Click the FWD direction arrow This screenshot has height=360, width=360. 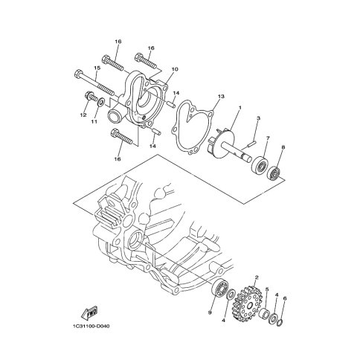coord(89,313)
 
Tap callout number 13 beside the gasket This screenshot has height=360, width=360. coord(221,96)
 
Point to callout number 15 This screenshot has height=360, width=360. coord(97,68)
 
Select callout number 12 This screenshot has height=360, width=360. coord(83,115)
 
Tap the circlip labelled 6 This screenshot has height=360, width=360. coord(280,322)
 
